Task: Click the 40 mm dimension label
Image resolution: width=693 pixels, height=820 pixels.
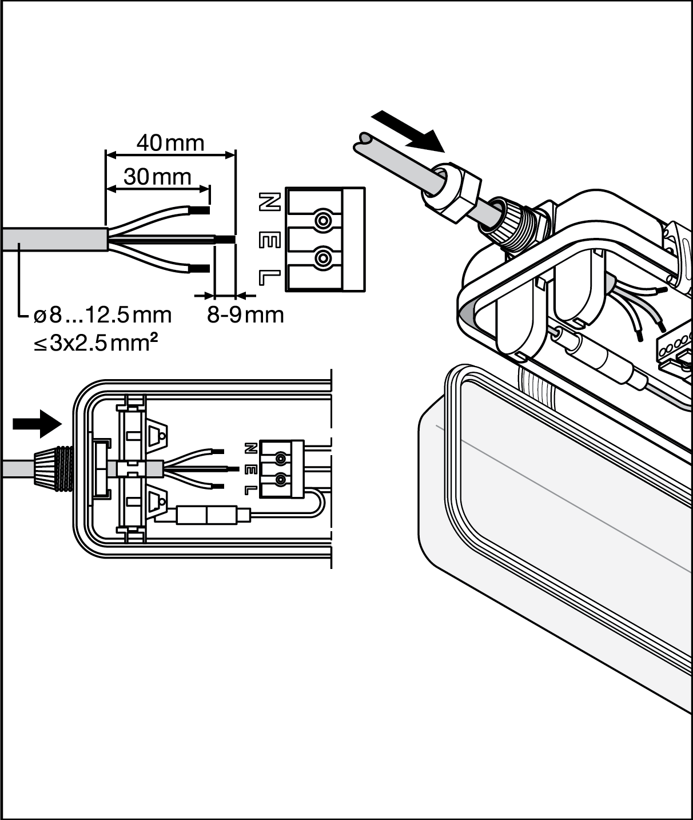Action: [170, 143]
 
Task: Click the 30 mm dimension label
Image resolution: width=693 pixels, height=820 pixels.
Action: [157, 177]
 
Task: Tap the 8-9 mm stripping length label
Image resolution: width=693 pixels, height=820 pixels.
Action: [245, 316]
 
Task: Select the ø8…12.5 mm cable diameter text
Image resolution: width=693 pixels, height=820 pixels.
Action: [103, 316]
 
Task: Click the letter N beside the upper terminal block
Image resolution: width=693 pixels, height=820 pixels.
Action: [270, 202]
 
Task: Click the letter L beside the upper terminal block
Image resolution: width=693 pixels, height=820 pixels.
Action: [270, 278]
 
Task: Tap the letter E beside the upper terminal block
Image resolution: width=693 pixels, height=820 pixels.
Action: [270, 241]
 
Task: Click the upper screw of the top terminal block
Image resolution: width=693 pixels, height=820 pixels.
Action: [323, 220]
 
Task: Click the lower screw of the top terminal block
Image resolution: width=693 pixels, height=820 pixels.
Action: [323, 258]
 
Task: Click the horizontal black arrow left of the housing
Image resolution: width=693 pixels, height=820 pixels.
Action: [37, 424]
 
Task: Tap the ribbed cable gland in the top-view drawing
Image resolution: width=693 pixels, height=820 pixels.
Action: [53, 468]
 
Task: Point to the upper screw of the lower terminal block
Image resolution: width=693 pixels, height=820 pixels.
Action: [281, 459]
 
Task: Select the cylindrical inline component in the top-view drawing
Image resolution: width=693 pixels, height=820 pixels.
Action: [206, 515]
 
